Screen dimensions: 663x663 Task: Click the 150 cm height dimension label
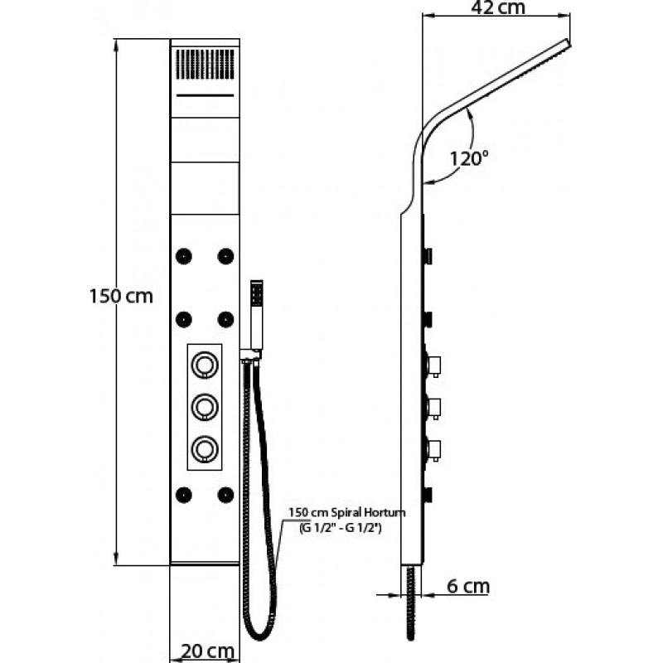121,296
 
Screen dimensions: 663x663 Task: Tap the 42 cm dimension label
498,7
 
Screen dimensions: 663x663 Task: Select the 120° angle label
468,158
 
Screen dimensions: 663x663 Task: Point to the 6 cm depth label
468,587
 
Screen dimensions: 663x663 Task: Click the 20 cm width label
208,651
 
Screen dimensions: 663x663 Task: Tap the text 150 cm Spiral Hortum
347,513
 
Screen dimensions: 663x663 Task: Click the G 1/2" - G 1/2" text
341,528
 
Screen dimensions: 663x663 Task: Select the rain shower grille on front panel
205,65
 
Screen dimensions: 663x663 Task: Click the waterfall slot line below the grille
205,95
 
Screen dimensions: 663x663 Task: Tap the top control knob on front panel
205,365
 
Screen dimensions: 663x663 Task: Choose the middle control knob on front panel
205,407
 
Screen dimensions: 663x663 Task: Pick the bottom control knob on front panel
205,448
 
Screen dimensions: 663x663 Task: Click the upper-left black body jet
183,256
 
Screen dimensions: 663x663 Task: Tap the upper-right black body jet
225,256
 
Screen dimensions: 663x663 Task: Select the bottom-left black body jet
183,495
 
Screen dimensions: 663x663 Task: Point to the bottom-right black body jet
225,495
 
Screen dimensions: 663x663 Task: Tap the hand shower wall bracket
251,355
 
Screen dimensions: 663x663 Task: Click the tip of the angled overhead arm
568,42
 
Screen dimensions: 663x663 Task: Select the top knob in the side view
433,365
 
